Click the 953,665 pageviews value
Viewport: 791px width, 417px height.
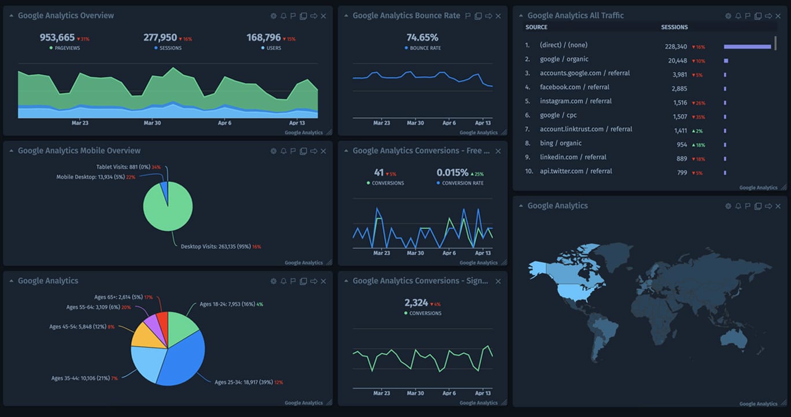click(57, 38)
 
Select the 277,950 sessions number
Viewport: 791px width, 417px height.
click(160, 38)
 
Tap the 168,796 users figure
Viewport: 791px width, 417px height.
click(264, 38)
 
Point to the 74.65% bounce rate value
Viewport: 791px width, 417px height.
click(422, 38)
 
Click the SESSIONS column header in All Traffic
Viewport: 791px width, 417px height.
click(674, 27)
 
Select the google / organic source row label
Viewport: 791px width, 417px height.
click(564, 59)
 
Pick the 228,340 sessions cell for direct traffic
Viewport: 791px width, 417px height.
click(676, 46)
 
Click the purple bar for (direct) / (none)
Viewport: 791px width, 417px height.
click(747, 46)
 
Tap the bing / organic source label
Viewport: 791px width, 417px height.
click(560, 143)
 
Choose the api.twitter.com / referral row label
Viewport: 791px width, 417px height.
click(575, 171)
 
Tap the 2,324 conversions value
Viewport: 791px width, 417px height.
click(416, 302)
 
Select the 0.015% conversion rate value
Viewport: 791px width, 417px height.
click(452, 173)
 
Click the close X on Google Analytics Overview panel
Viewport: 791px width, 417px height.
click(323, 16)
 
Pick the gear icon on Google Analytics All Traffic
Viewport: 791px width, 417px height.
click(728, 16)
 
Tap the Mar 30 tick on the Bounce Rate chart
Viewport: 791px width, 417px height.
click(415, 123)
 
